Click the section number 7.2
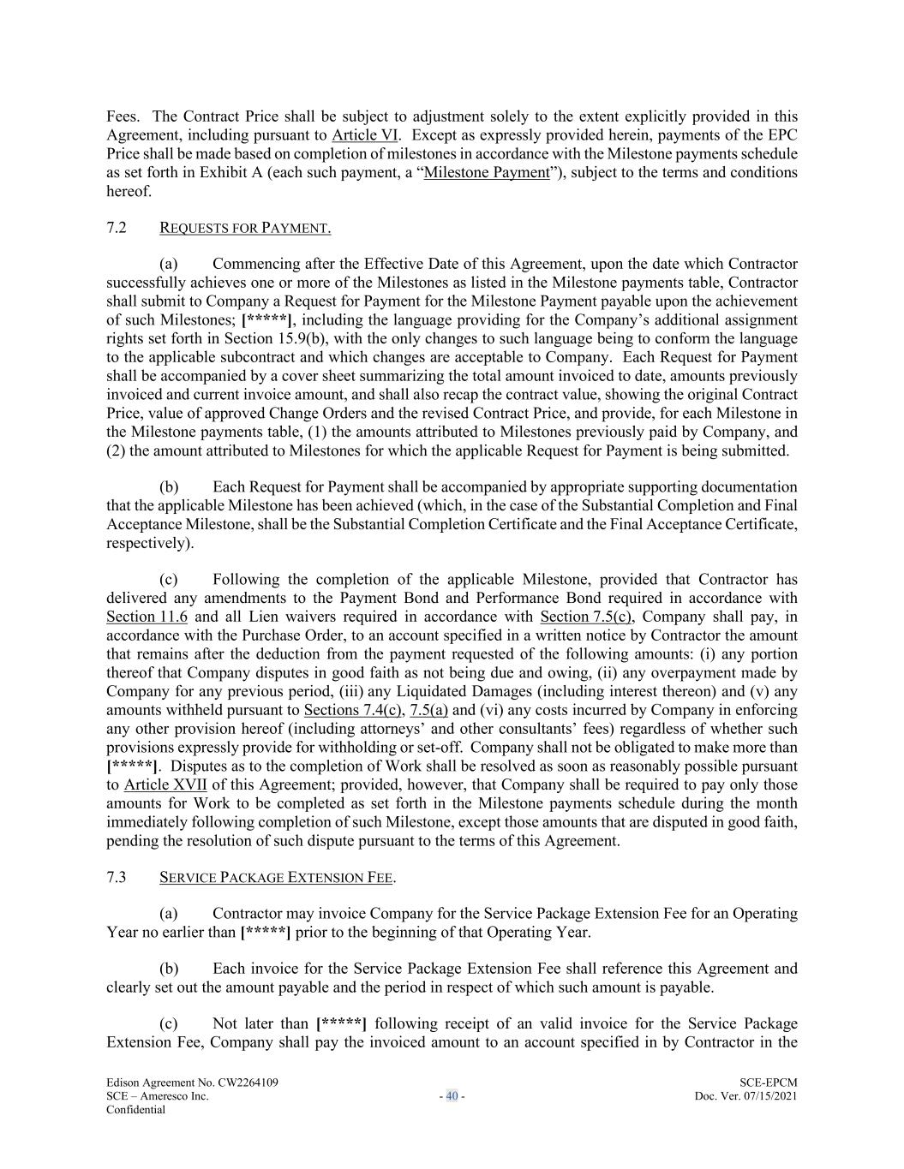pyautogui.click(x=117, y=227)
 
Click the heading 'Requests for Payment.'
pyautogui.click(x=245, y=228)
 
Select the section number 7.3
pyautogui.click(x=117, y=877)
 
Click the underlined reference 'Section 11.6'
pyautogui.click(x=147, y=617)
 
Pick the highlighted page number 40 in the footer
pyautogui.click(x=452, y=1096)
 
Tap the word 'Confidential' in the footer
pyautogui.click(x=135, y=1110)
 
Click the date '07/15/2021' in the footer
pyautogui.click(x=765, y=1096)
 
